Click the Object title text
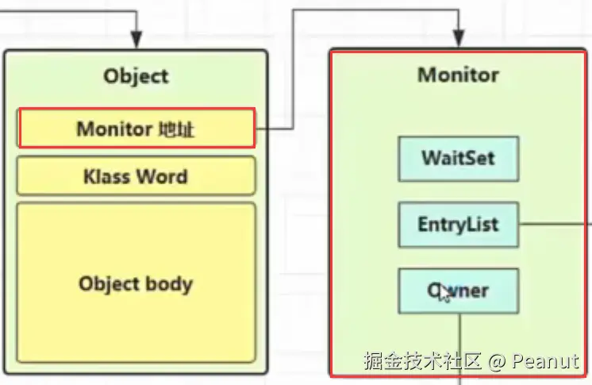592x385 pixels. (x=136, y=76)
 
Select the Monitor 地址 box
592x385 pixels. (x=136, y=128)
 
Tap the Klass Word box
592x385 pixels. (x=136, y=175)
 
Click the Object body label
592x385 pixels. (x=136, y=283)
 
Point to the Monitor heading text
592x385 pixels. (x=458, y=75)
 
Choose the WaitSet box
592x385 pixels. (x=458, y=157)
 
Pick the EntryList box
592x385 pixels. (x=458, y=224)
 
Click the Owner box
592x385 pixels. (x=458, y=291)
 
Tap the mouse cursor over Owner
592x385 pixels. (x=443, y=294)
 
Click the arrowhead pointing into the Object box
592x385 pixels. (x=136, y=40)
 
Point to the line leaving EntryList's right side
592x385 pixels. (x=555, y=224)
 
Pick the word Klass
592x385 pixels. (x=107, y=175)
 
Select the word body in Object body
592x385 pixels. (x=167, y=283)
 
